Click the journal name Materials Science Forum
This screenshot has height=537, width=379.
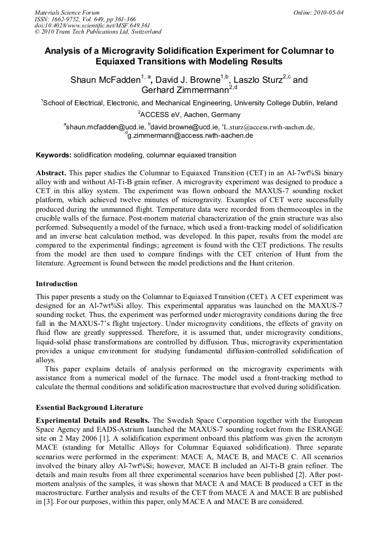point(67,12)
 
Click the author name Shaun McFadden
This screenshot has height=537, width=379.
point(104,80)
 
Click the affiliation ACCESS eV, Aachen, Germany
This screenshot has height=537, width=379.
point(190,115)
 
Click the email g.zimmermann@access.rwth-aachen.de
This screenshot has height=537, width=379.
point(190,136)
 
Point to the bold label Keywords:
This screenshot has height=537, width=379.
point(54,155)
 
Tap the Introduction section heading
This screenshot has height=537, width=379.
point(56,284)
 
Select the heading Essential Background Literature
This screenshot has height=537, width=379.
point(89,408)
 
